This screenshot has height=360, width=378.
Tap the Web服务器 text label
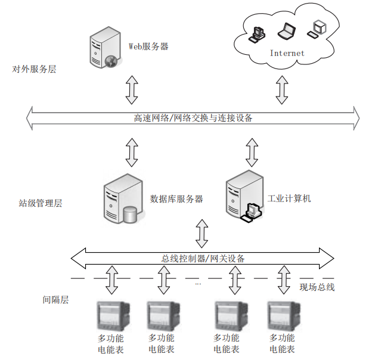click(x=148, y=46)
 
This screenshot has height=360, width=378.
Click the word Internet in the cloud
click(x=287, y=53)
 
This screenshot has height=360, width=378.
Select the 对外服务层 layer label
click(x=34, y=69)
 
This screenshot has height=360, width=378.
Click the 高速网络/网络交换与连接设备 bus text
click(x=193, y=117)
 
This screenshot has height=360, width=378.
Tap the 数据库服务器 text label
click(x=176, y=198)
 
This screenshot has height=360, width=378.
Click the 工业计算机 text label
click(x=289, y=198)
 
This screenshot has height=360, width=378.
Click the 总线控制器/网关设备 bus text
click(x=203, y=259)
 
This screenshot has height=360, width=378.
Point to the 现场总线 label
click(x=317, y=287)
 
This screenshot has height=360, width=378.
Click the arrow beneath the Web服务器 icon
click(x=132, y=89)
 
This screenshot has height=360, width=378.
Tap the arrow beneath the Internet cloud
click(x=281, y=89)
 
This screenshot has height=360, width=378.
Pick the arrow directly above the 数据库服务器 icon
click(x=132, y=153)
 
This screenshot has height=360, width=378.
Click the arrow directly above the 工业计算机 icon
click(x=252, y=153)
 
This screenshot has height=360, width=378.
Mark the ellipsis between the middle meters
click(x=197, y=284)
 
